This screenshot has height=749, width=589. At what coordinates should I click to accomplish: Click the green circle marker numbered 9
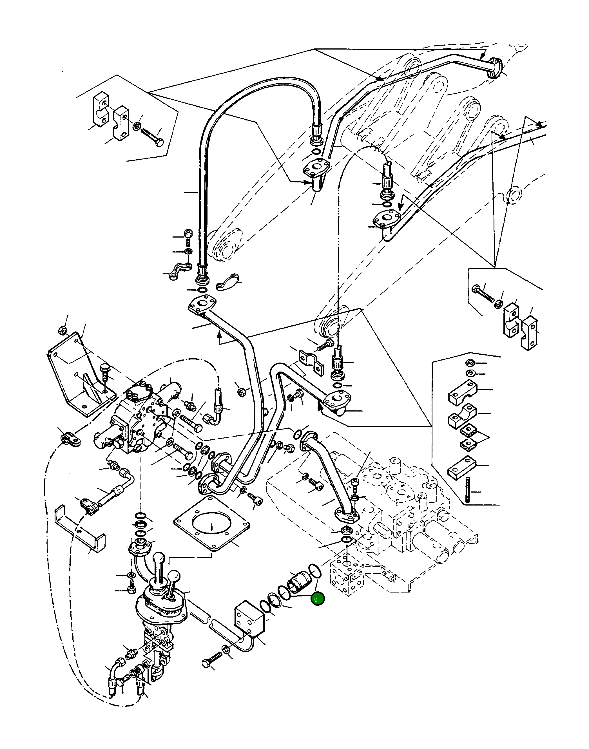point(317,599)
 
